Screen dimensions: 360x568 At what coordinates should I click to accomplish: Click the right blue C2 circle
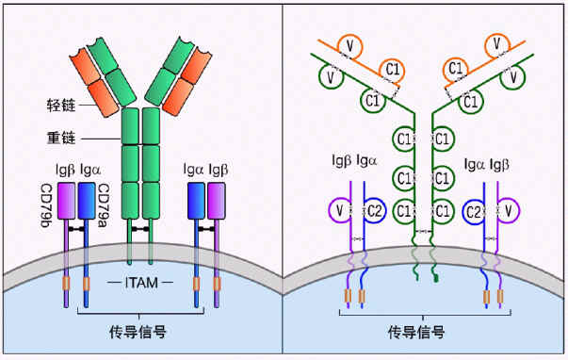pyautogui.click(x=476, y=209)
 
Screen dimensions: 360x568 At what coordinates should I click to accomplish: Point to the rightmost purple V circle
pyautogui.click(x=509, y=209)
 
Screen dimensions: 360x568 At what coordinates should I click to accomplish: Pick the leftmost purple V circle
pyautogui.click(x=337, y=209)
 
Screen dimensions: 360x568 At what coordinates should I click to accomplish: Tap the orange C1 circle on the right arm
pyautogui.click(x=455, y=67)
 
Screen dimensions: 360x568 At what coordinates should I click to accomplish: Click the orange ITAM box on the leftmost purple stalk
pyautogui.click(x=66, y=284)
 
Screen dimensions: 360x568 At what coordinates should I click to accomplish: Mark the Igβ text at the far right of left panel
pyautogui.click(x=218, y=170)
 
